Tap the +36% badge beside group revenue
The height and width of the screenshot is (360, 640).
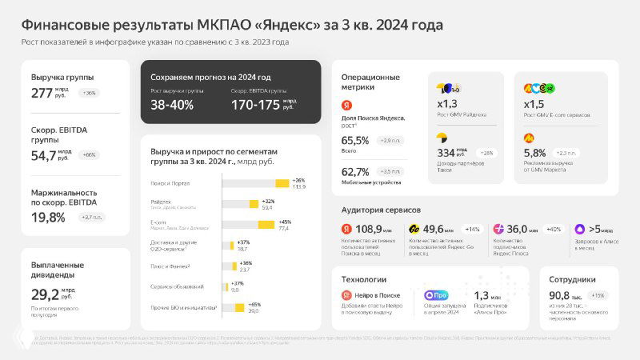(89, 93)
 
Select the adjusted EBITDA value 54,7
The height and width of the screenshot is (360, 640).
(43, 154)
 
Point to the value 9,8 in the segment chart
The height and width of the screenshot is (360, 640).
(234, 290)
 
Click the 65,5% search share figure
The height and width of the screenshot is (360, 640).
(355, 140)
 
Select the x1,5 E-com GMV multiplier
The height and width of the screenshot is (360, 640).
(534, 104)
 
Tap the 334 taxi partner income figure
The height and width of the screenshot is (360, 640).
(446, 152)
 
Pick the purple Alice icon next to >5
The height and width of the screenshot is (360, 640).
(578, 229)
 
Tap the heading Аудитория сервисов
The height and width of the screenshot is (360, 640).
(381, 210)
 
